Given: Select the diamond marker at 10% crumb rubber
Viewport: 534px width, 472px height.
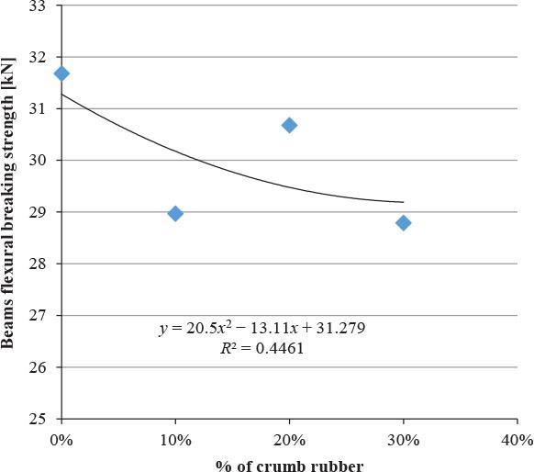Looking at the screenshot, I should point(175,213).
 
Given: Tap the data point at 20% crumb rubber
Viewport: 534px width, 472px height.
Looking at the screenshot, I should point(289,125).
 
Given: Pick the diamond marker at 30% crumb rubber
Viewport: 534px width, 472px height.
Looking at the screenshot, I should point(403,222).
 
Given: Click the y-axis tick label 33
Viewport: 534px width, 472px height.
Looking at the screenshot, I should point(40,6).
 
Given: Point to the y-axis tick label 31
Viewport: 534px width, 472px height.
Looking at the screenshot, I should point(40,108).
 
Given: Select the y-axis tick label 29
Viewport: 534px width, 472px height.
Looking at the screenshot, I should point(40,212).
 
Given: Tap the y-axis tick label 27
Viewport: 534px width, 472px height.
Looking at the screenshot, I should point(40,316).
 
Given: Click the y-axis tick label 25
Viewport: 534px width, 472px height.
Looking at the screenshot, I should point(40,420).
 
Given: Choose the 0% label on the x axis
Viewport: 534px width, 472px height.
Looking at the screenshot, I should point(61,439).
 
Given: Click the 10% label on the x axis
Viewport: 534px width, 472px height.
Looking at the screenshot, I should point(174,439).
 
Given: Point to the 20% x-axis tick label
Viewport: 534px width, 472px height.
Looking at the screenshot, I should point(289,439).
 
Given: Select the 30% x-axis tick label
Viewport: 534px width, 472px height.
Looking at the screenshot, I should point(403,439).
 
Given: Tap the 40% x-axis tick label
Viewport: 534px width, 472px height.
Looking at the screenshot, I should point(517,439).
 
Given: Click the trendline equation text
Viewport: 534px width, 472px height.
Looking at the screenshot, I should point(262,328).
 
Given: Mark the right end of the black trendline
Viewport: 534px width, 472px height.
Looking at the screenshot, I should point(403,202).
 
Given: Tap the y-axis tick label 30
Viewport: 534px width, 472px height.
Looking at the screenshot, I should point(40,161).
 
